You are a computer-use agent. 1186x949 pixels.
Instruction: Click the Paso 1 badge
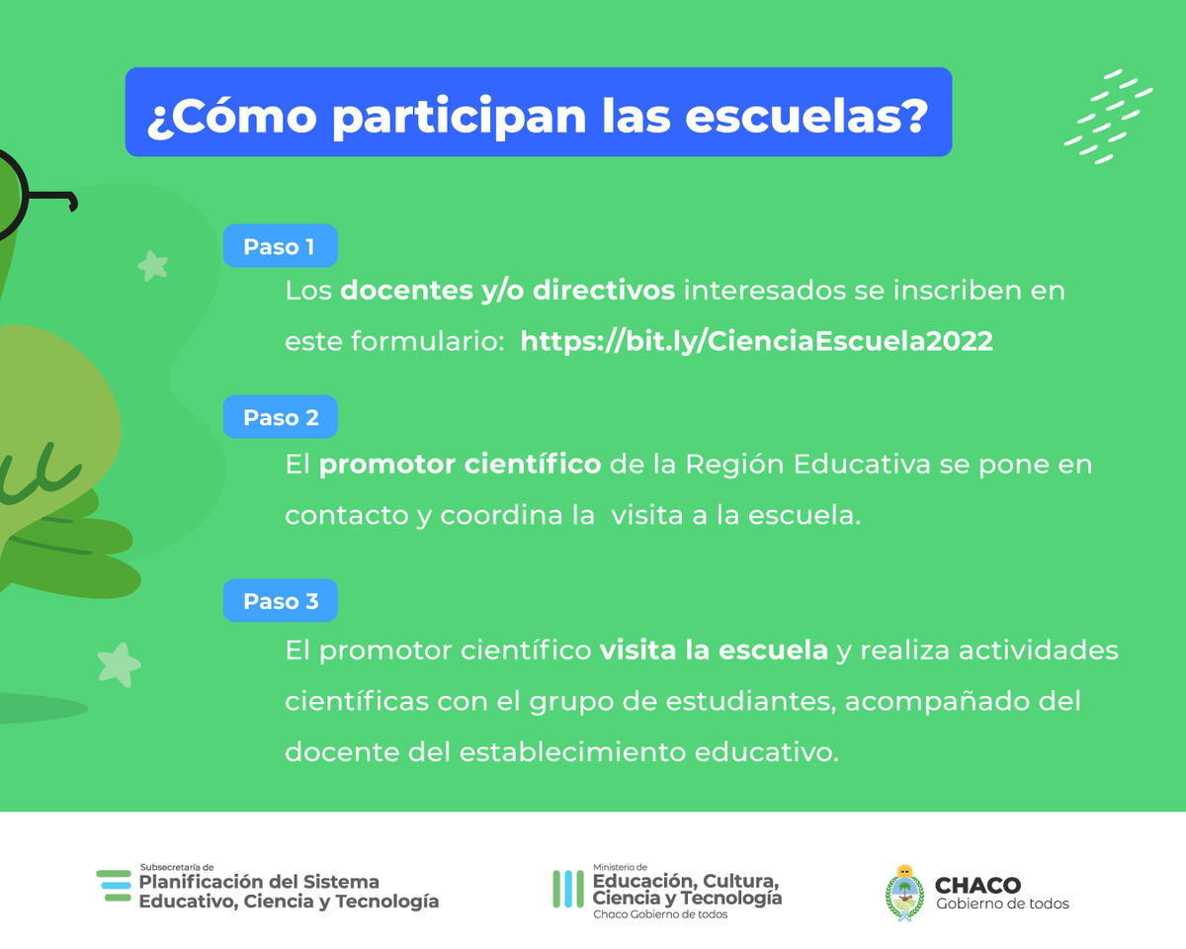click(280, 247)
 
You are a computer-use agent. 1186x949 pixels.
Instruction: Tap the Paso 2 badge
click(281, 418)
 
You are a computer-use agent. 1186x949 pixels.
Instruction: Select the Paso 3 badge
click(281, 601)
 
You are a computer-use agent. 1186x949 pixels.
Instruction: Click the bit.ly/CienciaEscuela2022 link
click(756, 341)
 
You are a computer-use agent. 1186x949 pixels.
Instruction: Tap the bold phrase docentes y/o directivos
click(508, 292)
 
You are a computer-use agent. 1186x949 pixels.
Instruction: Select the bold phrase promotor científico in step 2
click(460, 464)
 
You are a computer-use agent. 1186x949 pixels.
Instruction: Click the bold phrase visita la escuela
click(714, 651)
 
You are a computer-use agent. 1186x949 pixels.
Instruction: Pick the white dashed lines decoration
click(1108, 117)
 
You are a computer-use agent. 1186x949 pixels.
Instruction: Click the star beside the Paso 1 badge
click(152, 265)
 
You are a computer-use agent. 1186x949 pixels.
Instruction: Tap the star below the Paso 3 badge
click(119, 664)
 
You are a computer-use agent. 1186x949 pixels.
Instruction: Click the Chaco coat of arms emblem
click(903, 892)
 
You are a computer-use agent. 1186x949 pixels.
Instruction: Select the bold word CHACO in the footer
click(977, 886)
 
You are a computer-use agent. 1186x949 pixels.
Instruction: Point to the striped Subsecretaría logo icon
click(114, 886)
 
